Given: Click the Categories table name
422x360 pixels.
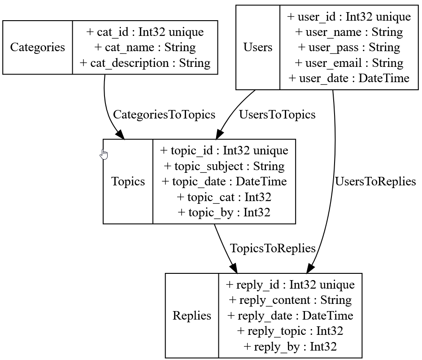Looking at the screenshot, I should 37,47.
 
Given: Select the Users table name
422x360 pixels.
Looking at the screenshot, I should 258,47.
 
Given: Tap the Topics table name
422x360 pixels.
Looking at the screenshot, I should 128,181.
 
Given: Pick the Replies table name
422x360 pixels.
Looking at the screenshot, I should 192,316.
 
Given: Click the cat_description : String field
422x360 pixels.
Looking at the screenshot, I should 145,62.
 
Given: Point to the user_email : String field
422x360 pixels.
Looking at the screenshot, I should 349,63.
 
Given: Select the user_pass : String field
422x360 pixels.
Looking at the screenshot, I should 349,47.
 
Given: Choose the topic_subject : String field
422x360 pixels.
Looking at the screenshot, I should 224,166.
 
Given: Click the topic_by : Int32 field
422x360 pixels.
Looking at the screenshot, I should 224,212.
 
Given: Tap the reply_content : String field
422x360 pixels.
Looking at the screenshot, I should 290,300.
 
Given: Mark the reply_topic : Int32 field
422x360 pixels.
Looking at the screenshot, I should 290,331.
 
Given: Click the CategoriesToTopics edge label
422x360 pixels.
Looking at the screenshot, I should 164,114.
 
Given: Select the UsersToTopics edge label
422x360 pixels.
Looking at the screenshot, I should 277,114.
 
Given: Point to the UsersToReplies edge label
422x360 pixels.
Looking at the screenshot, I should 375,182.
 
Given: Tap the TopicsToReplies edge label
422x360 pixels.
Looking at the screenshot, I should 273,248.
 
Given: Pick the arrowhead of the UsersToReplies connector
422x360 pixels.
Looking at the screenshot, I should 310,268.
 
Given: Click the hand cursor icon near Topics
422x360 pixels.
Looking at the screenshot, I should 104,154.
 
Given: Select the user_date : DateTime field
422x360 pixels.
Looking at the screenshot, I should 349,78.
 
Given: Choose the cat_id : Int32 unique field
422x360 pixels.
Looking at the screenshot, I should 145,32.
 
